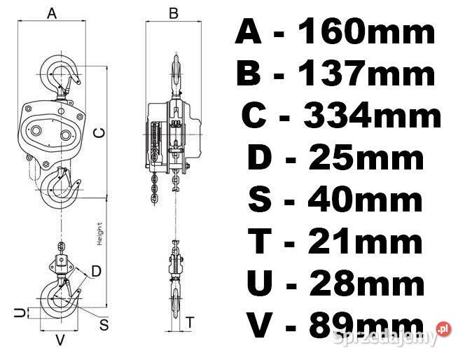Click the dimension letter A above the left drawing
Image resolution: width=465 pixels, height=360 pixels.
53,13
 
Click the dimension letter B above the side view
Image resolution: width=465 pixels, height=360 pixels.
173,13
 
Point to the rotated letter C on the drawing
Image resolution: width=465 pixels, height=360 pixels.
99,133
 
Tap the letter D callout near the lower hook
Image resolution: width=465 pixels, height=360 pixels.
97,271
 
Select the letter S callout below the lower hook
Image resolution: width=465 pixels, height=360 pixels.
104,324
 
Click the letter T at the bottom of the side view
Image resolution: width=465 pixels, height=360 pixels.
190,322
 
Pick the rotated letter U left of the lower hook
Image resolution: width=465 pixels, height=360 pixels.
20,312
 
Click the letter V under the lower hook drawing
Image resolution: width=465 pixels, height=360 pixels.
60,340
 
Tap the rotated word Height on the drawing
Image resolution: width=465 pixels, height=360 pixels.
99,234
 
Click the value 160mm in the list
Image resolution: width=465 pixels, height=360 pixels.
366,31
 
